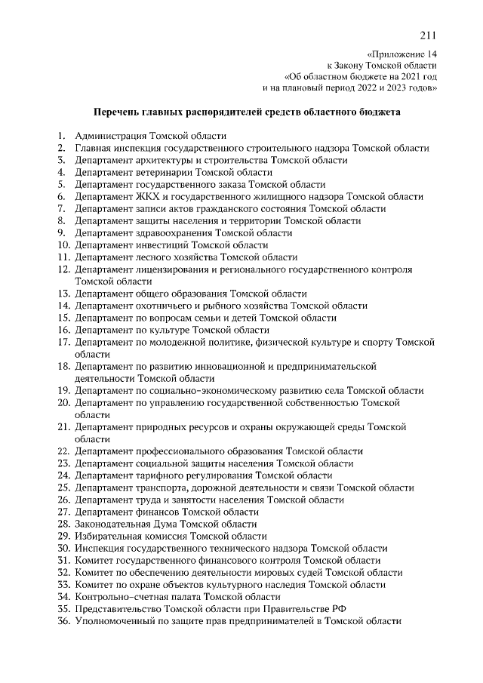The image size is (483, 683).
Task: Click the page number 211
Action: pyautogui.click(x=427, y=35)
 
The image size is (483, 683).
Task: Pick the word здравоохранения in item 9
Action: pyautogui.click(x=173, y=233)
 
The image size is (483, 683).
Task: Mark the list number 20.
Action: pyautogui.click(x=63, y=403)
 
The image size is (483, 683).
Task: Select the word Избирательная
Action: pyautogui.click(x=109, y=536)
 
